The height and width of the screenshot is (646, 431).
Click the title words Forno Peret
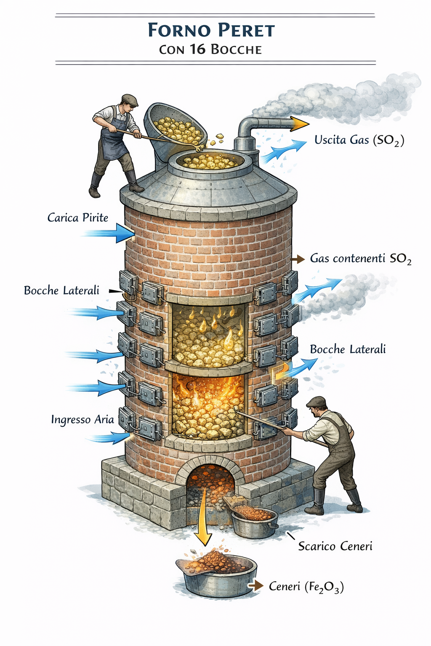click(211, 30)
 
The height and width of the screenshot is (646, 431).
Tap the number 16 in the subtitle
click(197, 50)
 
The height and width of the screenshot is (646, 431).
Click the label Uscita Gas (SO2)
click(359, 140)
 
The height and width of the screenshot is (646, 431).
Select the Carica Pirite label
click(77, 217)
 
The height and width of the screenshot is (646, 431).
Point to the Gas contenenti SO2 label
click(360, 258)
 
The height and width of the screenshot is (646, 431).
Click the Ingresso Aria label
click(82, 419)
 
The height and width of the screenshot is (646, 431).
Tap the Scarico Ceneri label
click(335, 546)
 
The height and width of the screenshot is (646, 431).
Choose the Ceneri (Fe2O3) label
click(306, 586)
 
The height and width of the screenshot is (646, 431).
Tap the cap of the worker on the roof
click(130, 100)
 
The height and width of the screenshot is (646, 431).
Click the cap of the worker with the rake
click(316, 402)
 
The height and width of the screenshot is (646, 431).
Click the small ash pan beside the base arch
click(254, 521)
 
